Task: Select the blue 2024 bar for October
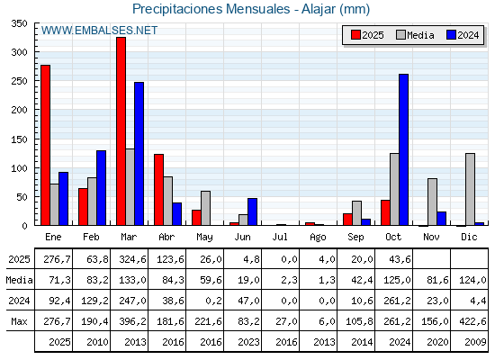coord(403,149)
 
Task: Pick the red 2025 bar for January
coord(45,145)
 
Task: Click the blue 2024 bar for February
coord(101,188)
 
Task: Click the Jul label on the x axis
coord(281,236)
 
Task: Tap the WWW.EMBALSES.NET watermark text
coord(99,31)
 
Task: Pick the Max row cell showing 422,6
coord(469,321)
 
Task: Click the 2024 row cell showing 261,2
coord(394,300)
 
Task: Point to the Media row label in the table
coord(18,279)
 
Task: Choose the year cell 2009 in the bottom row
coord(469,342)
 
